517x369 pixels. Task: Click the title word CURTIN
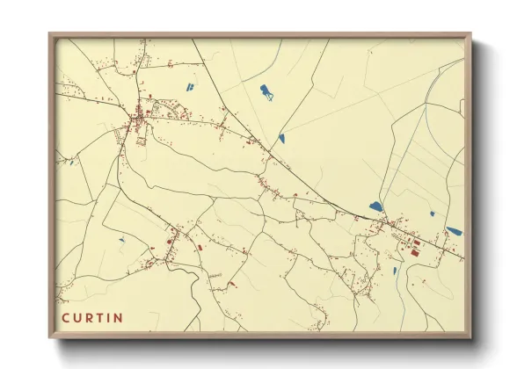tap(92, 317)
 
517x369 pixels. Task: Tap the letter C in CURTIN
tap(65, 317)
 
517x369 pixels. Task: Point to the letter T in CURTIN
tap(99, 317)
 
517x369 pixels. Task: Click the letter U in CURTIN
tap(76, 317)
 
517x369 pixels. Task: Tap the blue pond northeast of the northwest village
tap(188, 86)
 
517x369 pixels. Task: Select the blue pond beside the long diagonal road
tap(281, 137)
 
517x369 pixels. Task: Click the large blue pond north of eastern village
tap(376, 206)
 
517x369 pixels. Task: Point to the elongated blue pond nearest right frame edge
tap(454, 231)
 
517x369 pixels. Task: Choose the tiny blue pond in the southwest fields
tap(121, 239)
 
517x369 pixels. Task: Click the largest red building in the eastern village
tap(414, 252)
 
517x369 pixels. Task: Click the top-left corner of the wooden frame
tap(50, 35)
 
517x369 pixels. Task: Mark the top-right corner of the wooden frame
tap(471, 35)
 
